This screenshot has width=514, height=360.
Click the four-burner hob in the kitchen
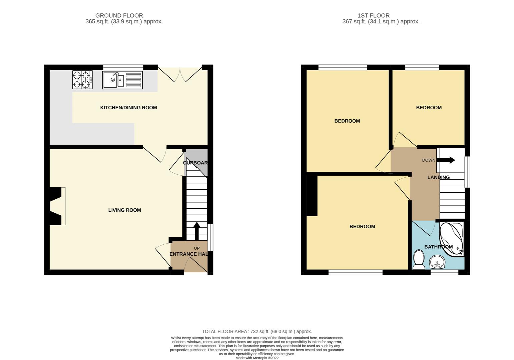(83, 80)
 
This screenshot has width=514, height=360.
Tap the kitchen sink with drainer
(122, 80)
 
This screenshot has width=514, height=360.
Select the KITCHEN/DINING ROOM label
(128, 108)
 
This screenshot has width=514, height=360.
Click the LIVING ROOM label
(125, 210)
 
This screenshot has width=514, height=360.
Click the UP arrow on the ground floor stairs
(197, 231)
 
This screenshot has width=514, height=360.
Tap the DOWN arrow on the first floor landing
(446, 160)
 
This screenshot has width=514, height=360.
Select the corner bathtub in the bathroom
(451, 239)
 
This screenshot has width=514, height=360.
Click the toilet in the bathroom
(419, 260)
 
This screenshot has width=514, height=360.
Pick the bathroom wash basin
(437, 262)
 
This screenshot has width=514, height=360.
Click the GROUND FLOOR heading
(119, 16)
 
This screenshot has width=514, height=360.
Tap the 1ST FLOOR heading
(373, 16)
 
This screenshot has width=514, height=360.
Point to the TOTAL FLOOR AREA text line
(257, 331)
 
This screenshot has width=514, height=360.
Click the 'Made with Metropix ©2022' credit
(257, 358)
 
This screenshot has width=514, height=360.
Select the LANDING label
(439, 177)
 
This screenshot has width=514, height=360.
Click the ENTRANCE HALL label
(189, 254)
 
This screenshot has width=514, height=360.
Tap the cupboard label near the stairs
(195, 163)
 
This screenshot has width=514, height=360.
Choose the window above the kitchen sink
(123, 67)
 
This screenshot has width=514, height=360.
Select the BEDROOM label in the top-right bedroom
(429, 108)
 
